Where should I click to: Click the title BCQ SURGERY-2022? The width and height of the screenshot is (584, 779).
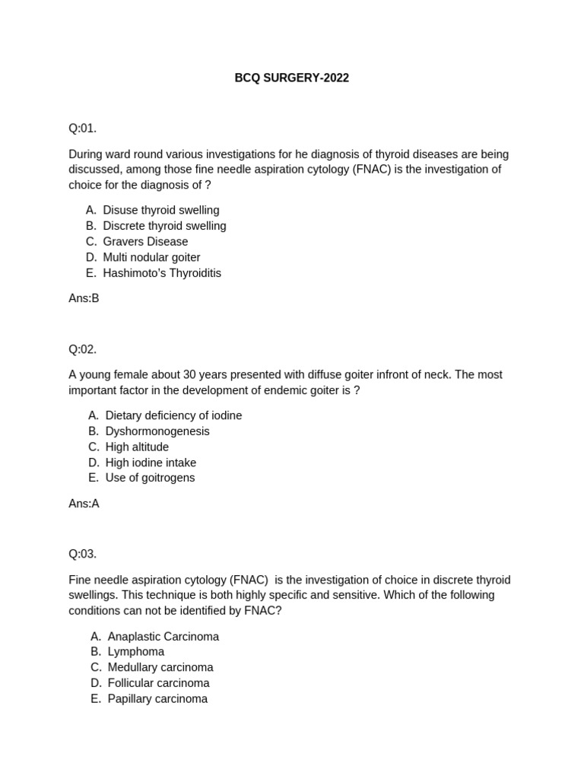[291, 78]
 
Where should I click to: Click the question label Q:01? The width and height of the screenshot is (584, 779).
[83, 128]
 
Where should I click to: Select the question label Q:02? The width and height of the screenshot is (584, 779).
[83, 349]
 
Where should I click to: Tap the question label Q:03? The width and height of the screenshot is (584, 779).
[83, 554]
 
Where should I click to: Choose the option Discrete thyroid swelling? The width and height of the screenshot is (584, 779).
[164, 226]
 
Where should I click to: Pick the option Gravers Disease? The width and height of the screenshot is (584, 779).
[145, 242]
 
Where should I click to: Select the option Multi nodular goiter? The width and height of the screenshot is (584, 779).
[151, 257]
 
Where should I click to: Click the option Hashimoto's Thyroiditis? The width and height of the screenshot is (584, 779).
[162, 273]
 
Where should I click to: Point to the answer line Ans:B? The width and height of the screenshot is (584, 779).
[84, 298]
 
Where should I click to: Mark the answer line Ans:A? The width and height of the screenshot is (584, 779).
[84, 504]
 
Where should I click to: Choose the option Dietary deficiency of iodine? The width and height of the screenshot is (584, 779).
[173, 415]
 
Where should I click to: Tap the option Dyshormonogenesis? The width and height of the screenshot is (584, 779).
[157, 431]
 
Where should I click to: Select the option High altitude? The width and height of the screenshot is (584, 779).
[137, 447]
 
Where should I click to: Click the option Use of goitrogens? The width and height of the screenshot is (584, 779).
[150, 478]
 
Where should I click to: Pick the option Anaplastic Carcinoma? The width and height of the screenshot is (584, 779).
[163, 637]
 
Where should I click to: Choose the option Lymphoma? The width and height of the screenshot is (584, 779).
[135, 652]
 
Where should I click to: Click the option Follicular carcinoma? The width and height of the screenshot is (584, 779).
[158, 683]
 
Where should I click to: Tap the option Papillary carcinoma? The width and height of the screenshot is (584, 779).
[157, 699]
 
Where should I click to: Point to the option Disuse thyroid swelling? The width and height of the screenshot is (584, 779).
[160, 210]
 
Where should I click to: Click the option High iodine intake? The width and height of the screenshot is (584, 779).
[151, 463]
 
